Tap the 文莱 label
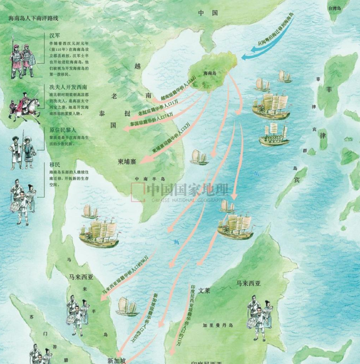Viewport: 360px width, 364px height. [x=207, y=290]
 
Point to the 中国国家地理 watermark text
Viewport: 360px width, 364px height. [x=188, y=189]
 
